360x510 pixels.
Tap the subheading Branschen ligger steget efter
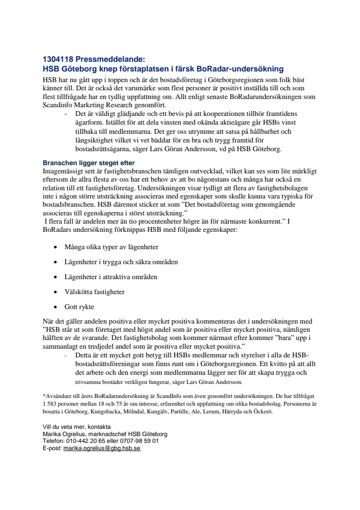[89, 163]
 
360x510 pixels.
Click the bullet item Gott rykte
[79, 307]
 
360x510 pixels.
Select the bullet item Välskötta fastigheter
[95, 292]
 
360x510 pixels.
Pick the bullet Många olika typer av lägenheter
[111, 247]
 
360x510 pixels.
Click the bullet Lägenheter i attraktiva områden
[111, 277]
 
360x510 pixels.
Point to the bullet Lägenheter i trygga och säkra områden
[121, 262]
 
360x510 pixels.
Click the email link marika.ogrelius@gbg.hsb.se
[102, 448]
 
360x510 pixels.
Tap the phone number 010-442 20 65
[88, 441]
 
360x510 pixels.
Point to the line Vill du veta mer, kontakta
[77, 427]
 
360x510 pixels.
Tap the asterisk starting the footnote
[44, 395]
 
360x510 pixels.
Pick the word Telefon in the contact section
[53, 441]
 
